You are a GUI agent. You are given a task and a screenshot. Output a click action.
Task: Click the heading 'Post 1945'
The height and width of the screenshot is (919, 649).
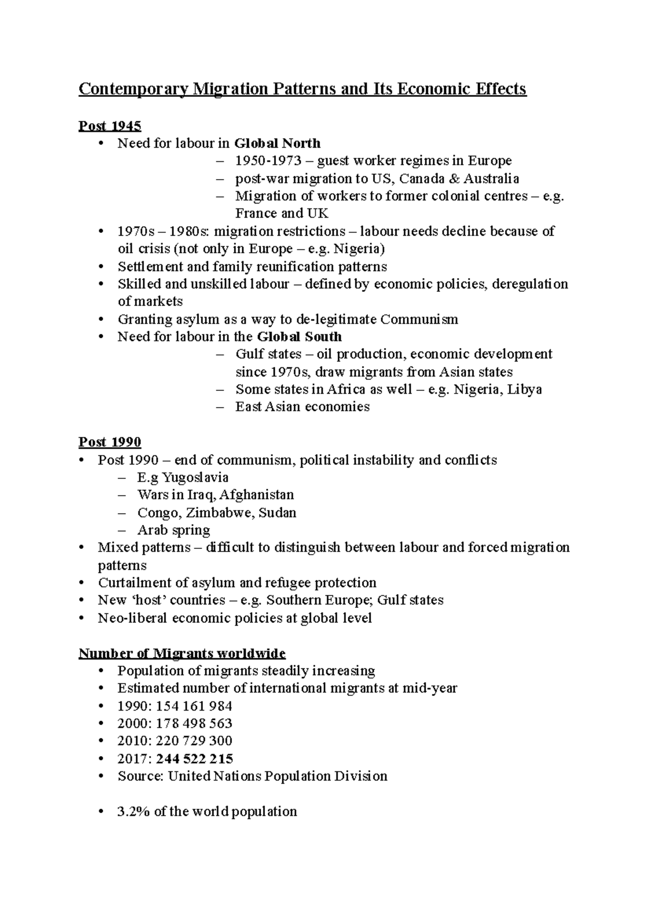point(110,126)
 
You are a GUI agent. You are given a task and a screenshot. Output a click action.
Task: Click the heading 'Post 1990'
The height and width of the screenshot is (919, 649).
point(110,442)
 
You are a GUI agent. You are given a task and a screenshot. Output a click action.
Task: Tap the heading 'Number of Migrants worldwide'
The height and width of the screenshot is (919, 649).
point(182,653)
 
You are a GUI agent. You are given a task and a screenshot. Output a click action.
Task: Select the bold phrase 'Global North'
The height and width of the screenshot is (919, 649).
point(277,143)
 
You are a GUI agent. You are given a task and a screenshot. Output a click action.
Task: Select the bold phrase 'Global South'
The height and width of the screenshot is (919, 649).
point(299,337)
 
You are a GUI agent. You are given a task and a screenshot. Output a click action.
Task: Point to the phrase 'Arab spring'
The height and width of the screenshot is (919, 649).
point(174,530)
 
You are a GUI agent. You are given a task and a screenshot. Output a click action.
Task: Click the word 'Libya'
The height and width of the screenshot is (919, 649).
point(524,390)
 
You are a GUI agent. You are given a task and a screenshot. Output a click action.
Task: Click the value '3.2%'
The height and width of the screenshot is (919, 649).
point(134,811)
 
